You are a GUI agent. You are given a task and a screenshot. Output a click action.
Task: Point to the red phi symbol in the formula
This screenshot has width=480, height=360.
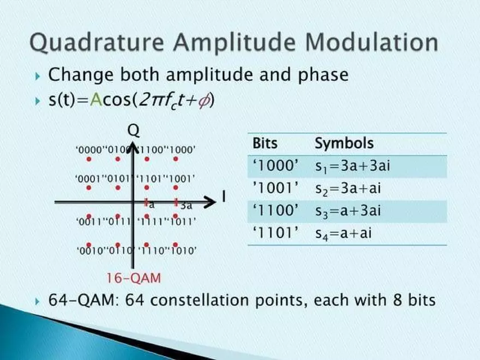tap(203, 101)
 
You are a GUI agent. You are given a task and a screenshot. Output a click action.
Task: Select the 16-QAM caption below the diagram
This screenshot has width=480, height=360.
tap(134, 278)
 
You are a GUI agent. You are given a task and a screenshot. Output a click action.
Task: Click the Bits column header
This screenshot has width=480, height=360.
tap(265, 143)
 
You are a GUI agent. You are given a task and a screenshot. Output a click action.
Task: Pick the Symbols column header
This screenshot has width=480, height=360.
tap(344, 143)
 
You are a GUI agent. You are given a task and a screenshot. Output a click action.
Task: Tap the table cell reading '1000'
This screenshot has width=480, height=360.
tap(276, 166)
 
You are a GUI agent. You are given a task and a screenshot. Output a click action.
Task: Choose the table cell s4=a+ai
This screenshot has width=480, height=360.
tap(344, 233)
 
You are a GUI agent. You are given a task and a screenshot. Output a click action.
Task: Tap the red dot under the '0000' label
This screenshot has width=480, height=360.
tap(89, 159)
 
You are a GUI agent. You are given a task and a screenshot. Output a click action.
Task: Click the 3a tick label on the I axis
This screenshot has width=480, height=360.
tap(186, 206)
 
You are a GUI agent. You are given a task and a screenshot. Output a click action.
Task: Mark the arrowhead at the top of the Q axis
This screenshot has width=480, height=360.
tap(132, 144)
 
